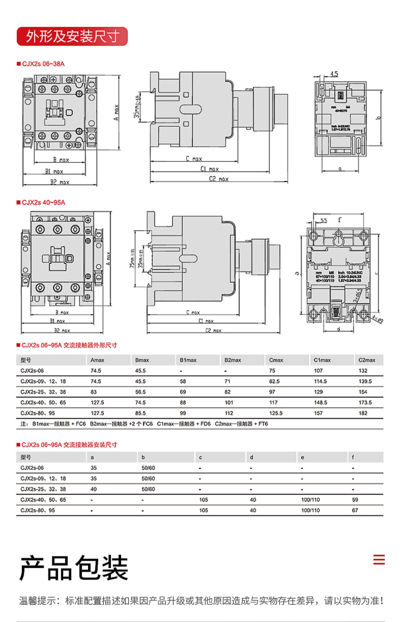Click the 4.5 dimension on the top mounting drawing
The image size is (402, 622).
pos(334,74)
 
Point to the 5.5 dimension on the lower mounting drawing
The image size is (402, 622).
pos(324,220)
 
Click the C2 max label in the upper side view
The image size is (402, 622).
pos(219,179)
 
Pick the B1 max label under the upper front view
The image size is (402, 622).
pos(54,171)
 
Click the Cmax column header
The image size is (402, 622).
pos(276,360)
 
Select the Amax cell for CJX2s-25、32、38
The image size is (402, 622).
pos(94,392)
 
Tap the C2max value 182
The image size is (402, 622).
pos(363,413)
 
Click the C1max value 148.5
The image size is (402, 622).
pos(320,402)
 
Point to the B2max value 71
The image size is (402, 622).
pos(227,381)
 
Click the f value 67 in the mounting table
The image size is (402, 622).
pos(355,510)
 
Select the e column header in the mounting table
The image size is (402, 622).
pos(303,458)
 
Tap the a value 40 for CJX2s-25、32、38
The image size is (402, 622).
pos(94,489)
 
